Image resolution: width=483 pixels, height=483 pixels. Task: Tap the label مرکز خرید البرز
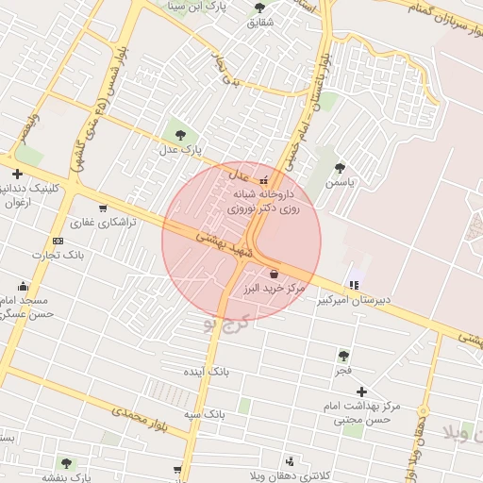pos(273,287)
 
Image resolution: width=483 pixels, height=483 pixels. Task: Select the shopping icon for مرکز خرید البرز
pos(274,273)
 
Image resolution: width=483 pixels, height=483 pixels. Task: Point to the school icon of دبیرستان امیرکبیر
pos(355,284)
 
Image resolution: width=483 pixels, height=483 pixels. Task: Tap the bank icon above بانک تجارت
pos(58,241)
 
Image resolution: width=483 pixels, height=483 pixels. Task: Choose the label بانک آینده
pos(206,372)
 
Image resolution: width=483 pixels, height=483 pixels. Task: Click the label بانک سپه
pos(203,414)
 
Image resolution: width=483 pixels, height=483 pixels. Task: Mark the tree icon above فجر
pos(343,356)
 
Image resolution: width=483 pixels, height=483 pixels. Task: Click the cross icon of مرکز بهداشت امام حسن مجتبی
pos(361,391)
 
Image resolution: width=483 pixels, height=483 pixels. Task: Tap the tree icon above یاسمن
pos(340,168)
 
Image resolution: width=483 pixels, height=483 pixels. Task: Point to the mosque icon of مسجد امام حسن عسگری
pos(24,286)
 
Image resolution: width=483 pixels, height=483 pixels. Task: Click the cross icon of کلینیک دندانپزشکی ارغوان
pos(17,174)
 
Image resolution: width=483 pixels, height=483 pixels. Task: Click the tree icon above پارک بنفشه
pos(66,463)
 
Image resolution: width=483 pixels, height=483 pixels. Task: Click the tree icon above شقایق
pos(259,8)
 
